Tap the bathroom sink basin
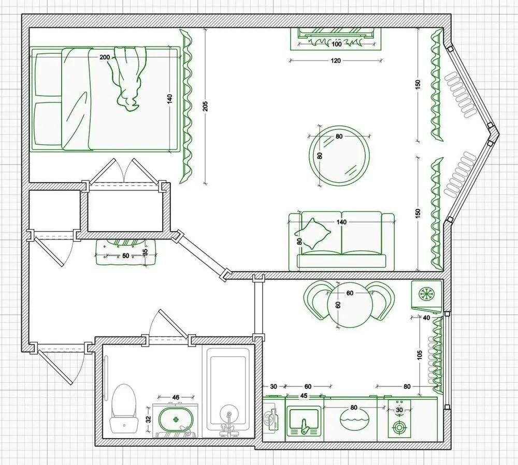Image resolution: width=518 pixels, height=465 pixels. pyautogui.click(x=176, y=420)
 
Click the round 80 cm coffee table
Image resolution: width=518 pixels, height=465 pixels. pyautogui.click(x=339, y=156)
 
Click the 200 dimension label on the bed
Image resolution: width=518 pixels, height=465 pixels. pyautogui.click(x=105, y=57)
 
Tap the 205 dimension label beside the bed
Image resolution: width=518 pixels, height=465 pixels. pyautogui.click(x=205, y=106)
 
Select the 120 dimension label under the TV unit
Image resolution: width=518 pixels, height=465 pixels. pyautogui.click(x=336, y=61)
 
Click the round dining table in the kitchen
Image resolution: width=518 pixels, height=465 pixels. pyautogui.click(x=350, y=305)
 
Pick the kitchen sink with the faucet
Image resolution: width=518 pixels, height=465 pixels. pyautogui.click(x=303, y=419)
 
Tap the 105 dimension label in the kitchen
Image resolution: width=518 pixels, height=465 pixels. pyautogui.click(x=420, y=355)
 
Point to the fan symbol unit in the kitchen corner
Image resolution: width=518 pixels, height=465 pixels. pyautogui.click(x=426, y=294)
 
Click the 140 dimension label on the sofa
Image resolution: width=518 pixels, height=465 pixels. pyautogui.click(x=341, y=222)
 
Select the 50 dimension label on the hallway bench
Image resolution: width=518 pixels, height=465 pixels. pyautogui.click(x=126, y=256)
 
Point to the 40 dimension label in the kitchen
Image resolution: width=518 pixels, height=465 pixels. pyautogui.click(x=426, y=318)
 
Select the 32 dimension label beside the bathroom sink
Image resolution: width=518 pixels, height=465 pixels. pyautogui.click(x=148, y=419)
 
